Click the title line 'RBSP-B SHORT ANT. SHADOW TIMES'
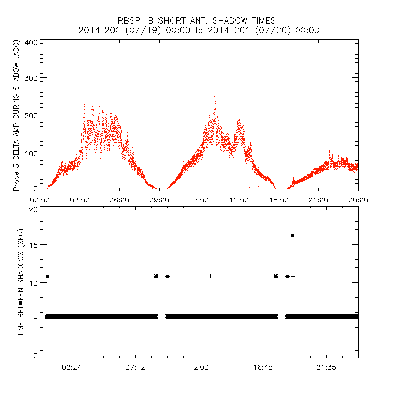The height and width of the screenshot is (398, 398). pos(199,20)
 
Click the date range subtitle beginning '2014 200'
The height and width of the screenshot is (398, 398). pos(199,30)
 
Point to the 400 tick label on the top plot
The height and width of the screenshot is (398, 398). pos(31,42)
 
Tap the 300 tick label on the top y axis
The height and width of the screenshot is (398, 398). pos(31,78)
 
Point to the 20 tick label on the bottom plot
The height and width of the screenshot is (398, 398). pos(33,209)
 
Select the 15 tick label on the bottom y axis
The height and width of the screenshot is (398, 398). pos(33,245)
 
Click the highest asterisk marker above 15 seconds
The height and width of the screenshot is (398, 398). pos(293,235)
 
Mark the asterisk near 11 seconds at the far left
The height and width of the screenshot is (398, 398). pos(47,276)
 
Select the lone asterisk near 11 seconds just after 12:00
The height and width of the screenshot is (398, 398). pos(211,276)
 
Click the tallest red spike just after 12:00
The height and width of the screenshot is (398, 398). pos(215,98)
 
